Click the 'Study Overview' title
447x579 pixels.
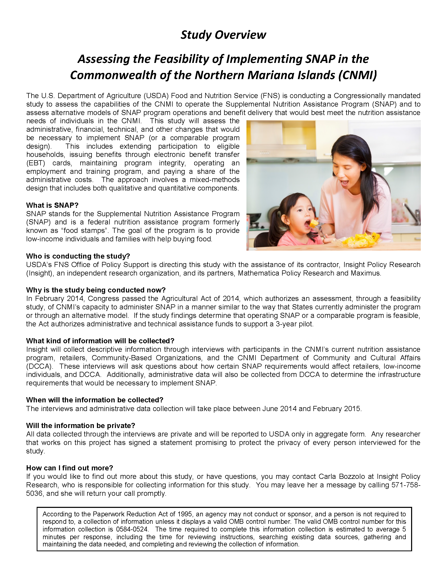pyautogui.click(x=223, y=35)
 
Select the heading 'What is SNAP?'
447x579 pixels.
pyautogui.click(x=52, y=205)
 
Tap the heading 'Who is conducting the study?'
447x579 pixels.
pyautogui.click(x=78, y=256)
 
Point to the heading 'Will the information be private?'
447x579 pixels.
pyautogui.click(x=81, y=425)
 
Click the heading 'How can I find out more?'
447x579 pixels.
pyautogui.click(x=70, y=468)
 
